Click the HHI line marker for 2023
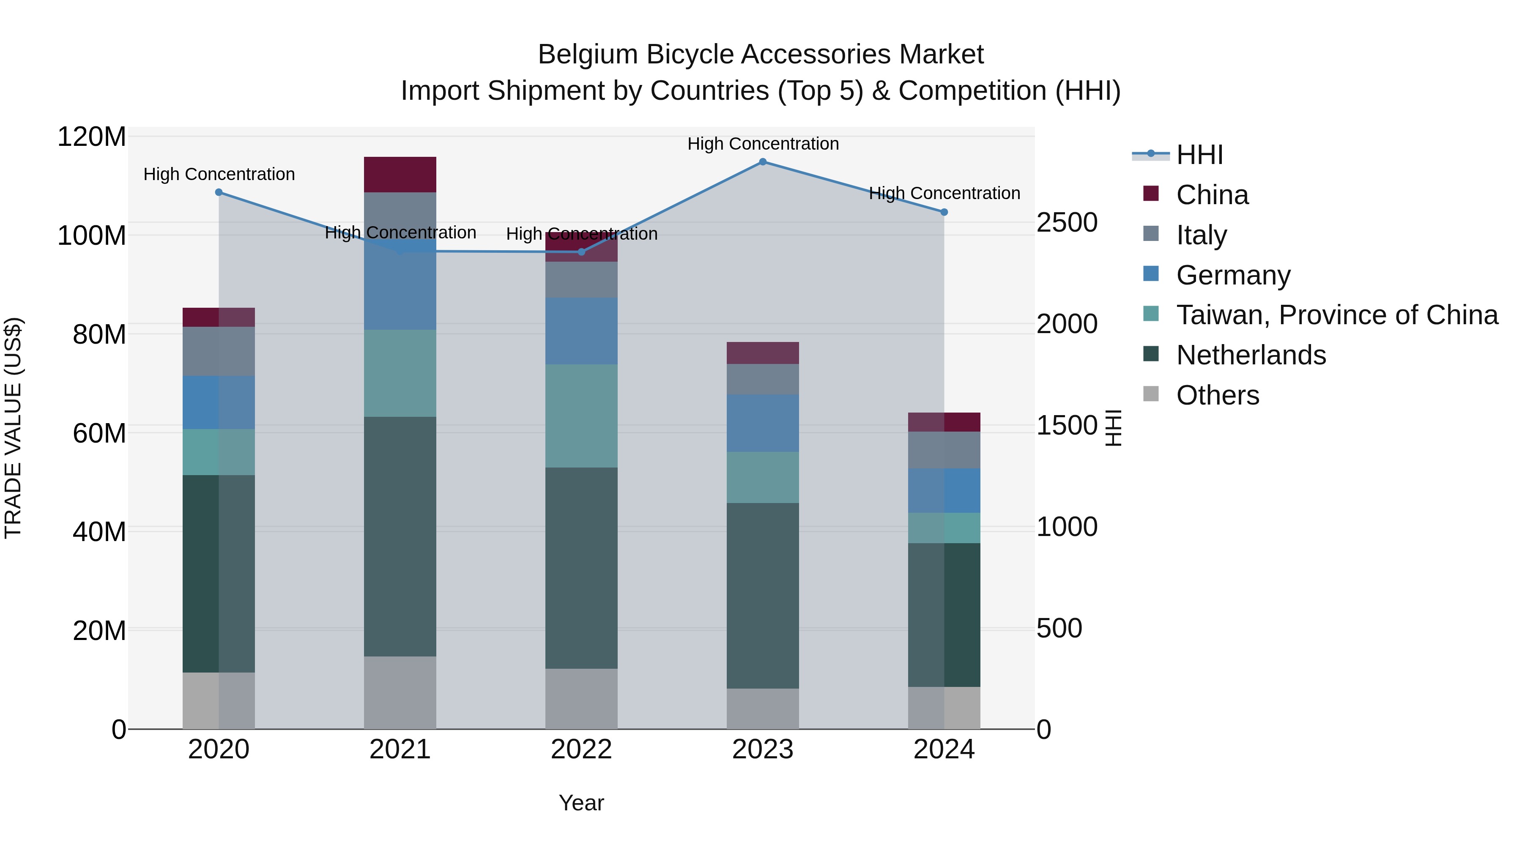762,162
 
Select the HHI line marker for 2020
219,192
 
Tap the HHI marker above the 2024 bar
944,212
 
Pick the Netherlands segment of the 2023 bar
762,596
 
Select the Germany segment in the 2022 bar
581,331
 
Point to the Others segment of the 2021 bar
400,692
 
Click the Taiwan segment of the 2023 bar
762,477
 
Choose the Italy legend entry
1201,235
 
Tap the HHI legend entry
1199,155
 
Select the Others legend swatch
1151,394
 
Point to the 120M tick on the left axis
92,137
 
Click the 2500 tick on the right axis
1067,223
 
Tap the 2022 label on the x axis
581,749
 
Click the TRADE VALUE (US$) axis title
13,428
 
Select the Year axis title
581,803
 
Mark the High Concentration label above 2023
762,144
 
